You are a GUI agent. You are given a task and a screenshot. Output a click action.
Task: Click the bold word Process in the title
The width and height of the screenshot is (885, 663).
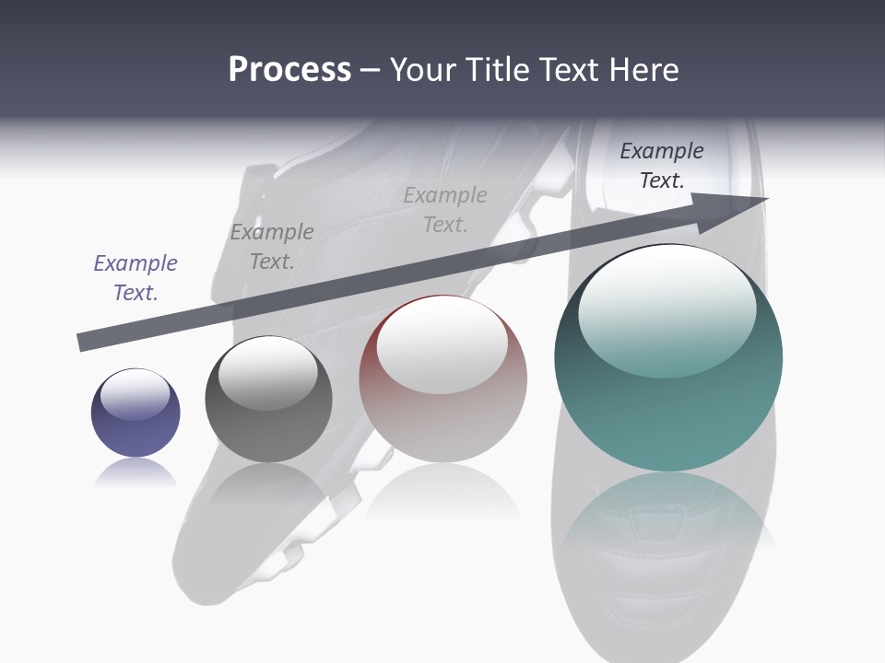(x=289, y=69)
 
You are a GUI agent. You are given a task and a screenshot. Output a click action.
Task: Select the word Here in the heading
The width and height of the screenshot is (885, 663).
(x=643, y=69)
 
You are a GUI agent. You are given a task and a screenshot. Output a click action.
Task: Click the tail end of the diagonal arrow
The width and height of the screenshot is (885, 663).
(x=83, y=342)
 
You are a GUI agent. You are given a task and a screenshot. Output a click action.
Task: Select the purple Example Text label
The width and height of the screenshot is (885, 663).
(x=136, y=278)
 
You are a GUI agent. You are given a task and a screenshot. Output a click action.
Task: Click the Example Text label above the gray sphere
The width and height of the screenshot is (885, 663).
(x=272, y=247)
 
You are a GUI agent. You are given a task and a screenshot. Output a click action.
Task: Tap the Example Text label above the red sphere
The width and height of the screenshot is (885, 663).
(x=445, y=210)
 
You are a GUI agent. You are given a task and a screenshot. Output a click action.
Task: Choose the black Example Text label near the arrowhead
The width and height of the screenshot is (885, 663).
(x=662, y=166)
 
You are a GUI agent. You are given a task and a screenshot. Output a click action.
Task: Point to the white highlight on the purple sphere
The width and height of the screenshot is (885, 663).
(x=136, y=394)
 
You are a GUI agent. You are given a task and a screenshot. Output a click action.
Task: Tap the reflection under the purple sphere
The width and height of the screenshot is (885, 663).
(x=136, y=473)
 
